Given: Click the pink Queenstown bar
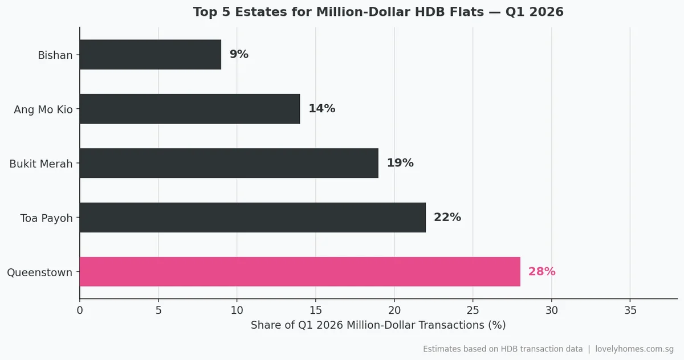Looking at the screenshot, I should [300, 272].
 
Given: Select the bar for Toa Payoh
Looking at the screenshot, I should [253, 218].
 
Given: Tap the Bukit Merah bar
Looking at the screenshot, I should [229, 163].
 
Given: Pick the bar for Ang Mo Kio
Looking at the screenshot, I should [190, 109].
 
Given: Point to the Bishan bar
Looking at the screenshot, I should [150, 55].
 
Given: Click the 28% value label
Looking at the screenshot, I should [541, 272].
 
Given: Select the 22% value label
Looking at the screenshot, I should [447, 218].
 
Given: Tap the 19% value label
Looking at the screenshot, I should [400, 163].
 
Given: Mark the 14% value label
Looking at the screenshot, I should [321, 109].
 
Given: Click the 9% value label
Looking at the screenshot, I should [239, 55].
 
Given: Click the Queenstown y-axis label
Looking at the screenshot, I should [39, 273].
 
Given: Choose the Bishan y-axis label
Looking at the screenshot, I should [55, 55].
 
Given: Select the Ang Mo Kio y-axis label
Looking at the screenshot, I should [43, 109].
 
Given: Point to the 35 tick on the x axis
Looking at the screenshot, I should [630, 310].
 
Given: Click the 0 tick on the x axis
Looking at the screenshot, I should [80, 310].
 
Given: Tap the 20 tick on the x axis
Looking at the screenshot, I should [394, 310].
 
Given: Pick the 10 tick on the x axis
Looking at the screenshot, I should [237, 310].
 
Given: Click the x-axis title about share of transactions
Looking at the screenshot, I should [378, 325].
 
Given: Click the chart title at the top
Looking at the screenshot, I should [378, 12].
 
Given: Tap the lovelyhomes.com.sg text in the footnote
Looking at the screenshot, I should [634, 349].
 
